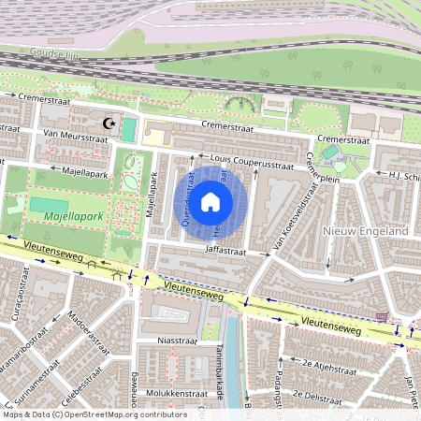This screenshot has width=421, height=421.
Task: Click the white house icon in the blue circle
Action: [x=210, y=201]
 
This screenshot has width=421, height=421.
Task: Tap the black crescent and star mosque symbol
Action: [x=109, y=123]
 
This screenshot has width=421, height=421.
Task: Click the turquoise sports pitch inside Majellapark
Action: [x=49, y=203]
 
